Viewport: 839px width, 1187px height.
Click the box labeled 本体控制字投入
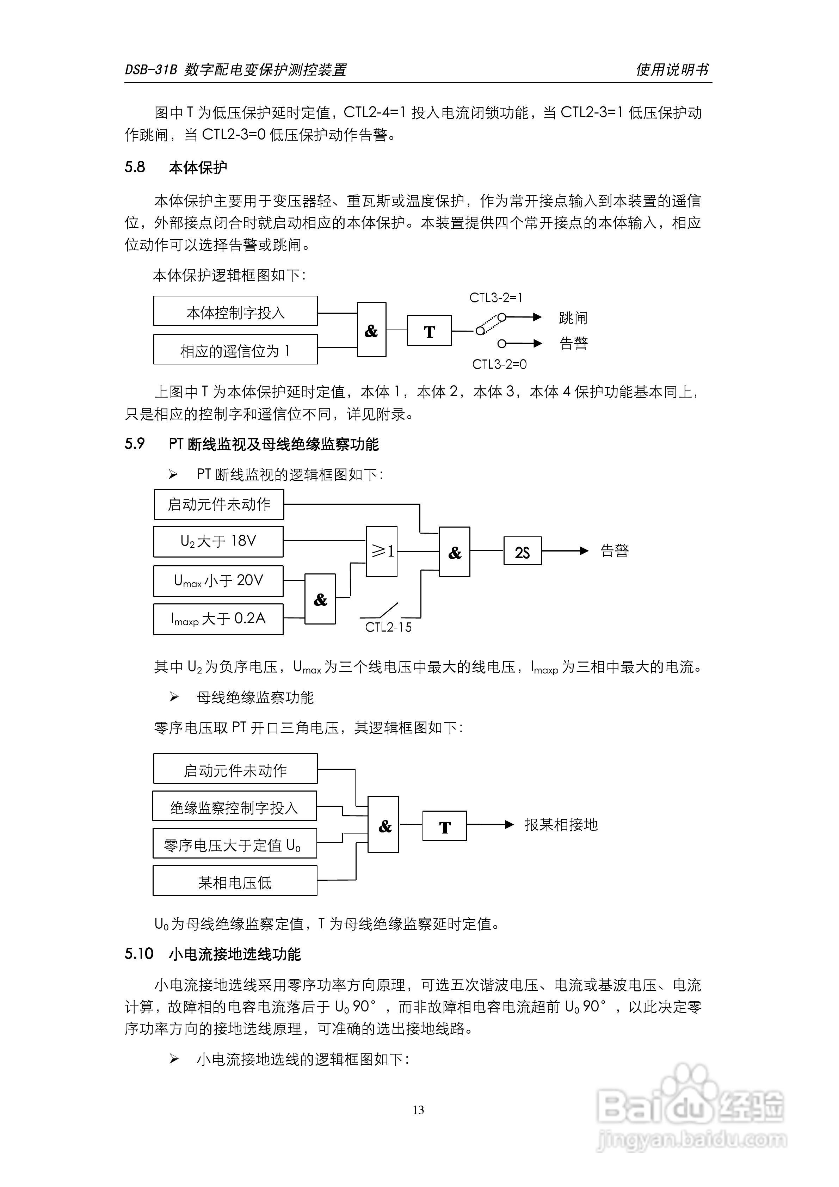(x=235, y=311)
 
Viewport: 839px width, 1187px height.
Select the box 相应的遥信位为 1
(x=235, y=350)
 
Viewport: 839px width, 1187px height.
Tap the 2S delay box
(x=522, y=551)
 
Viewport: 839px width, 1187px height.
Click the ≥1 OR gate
(x=382, y=552)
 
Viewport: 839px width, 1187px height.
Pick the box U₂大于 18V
(x=218, y=541)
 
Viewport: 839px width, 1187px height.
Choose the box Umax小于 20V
(x=218, y=580)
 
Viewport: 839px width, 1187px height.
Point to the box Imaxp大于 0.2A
(x=218, y=619)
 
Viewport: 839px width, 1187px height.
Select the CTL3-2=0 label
(x=499, y=364)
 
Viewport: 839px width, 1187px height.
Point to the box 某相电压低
(x=235, y=881)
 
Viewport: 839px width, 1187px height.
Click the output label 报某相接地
(x=561, y=825)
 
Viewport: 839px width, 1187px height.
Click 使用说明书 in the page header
(x=673, y=69)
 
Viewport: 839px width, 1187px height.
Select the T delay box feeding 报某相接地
(x=445, y=826)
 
